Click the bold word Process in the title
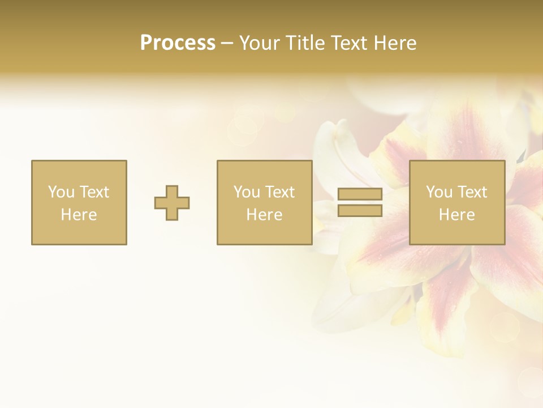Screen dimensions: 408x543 178,43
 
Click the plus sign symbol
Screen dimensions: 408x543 172,203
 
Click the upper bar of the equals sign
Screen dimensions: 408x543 360,194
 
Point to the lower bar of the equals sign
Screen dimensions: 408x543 360,211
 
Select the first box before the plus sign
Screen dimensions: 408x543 79,202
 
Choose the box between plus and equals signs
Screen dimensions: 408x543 264,202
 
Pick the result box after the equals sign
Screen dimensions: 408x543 456,202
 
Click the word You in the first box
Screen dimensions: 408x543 61,192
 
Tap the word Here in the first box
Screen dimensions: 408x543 79,215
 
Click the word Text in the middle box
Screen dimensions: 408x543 279,192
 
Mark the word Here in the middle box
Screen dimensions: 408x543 264,215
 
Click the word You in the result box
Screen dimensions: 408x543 439,192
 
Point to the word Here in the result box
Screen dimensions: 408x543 456,215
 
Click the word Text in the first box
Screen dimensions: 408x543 94,192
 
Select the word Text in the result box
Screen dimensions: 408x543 472,192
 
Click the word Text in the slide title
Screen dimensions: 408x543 347,43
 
